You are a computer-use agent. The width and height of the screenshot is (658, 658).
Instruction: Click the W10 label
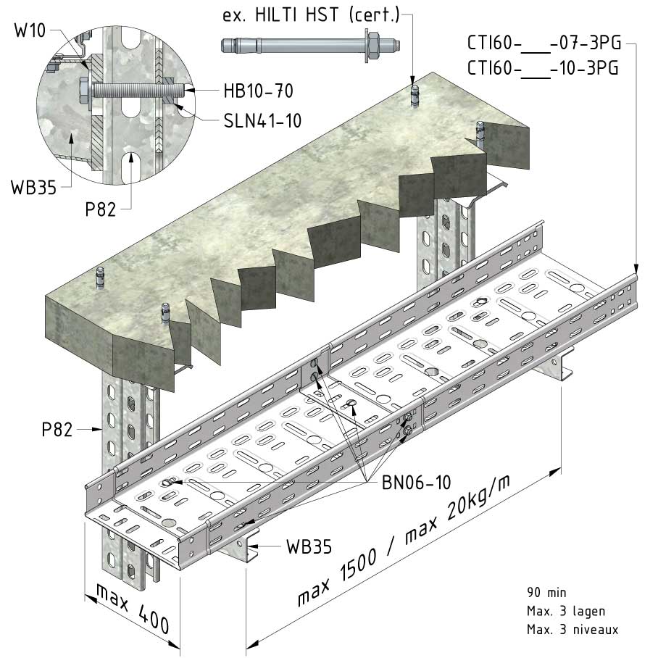[30, 30]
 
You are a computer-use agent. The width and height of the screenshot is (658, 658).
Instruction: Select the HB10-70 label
[258, 91]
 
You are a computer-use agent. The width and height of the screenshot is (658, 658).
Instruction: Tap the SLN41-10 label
[262, 121]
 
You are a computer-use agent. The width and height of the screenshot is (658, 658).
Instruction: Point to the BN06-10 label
[416, 483]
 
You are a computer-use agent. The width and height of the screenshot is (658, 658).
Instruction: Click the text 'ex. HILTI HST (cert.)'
[311, 15]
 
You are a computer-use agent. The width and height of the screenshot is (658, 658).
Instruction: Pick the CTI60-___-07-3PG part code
[544, 43]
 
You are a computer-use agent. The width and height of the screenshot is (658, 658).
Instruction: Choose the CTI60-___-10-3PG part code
[543, 68]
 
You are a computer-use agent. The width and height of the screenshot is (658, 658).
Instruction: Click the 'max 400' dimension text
[133, 608]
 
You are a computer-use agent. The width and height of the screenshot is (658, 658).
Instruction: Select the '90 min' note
[546, 593]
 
